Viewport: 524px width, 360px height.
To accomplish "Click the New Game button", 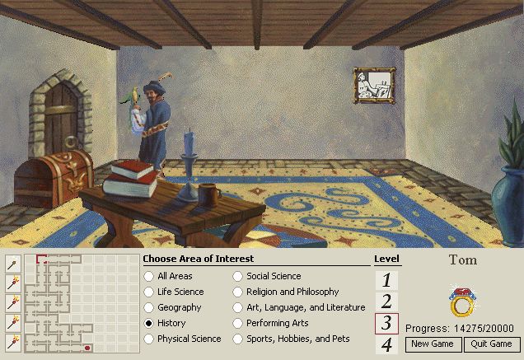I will pyautogui.click(x=433, y=344).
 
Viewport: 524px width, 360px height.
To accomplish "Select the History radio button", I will pyautogui.click(x=149, y=323).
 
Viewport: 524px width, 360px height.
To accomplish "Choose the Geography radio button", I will pyautogui.click(x=149, y=307).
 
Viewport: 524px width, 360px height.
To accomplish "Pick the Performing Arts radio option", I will pyautogui.click(x=238, y=323).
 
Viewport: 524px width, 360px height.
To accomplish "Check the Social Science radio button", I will pyautogui.click(x=238, y=276).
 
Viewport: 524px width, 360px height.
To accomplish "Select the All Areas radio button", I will pyautogui.click(x=149, y=276).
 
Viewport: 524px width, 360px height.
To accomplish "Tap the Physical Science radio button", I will pyautogui.click(x=149, y=339).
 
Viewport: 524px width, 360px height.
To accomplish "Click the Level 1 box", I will pyautogui.click(x=386, y=280).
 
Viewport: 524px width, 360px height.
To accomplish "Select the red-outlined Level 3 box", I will pyautogui.click(x=386, y=324).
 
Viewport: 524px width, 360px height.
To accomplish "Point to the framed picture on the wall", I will pyautogui.click(x=374, y=85).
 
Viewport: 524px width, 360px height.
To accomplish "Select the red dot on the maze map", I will pyautogui.click(x=87, y=348).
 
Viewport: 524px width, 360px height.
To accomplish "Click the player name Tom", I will pyautogui.click(x=462, y=259).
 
